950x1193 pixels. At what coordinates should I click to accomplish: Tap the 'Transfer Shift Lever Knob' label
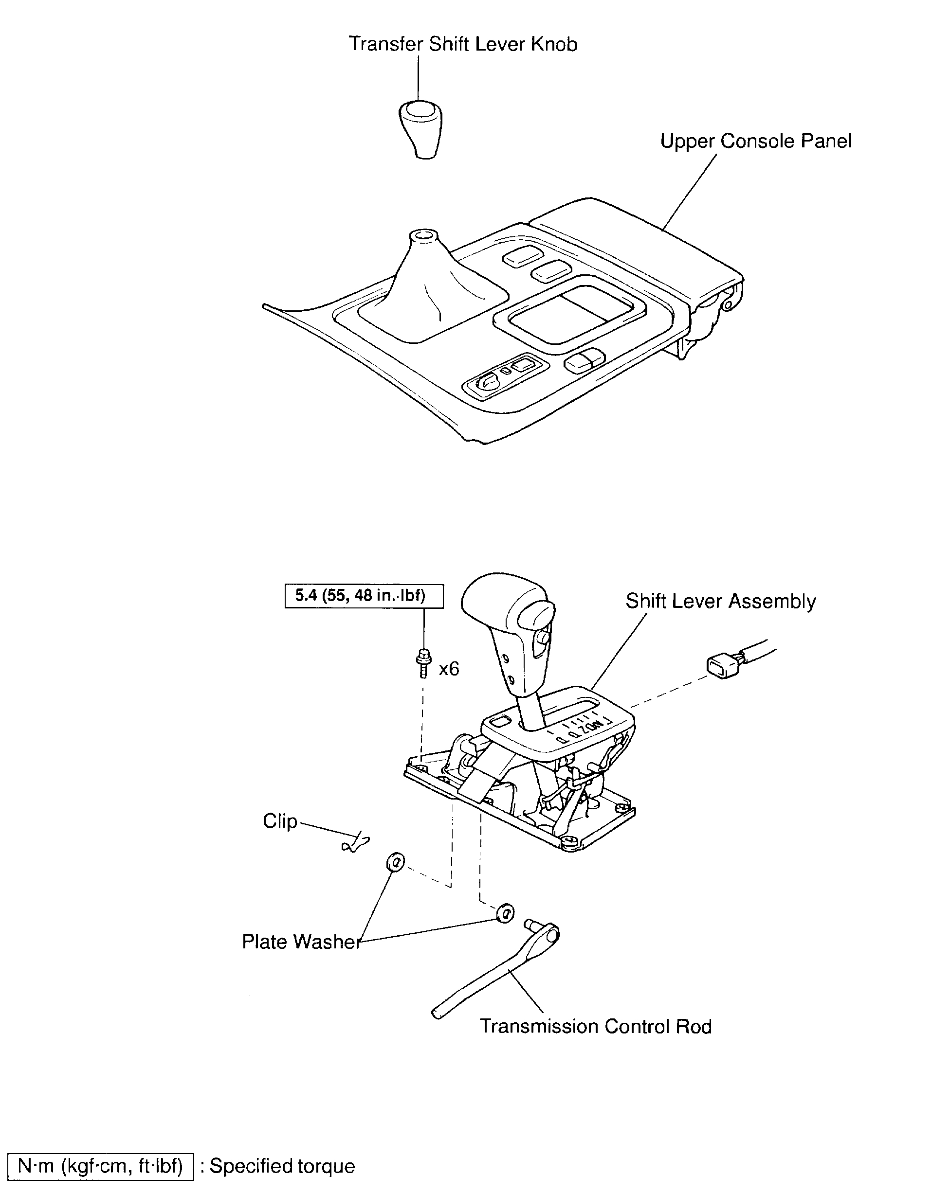pos(462,44)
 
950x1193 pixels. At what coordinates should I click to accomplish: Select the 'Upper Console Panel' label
pos(755,142)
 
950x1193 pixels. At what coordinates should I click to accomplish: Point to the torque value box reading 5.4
pos(364,596)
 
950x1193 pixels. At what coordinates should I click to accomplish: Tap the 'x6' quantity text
pos(449,670)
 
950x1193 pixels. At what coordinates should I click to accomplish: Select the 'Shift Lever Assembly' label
pos(720,602)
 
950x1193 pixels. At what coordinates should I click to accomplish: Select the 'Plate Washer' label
pos(301,942)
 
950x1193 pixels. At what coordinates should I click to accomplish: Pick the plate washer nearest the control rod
pos(505,913)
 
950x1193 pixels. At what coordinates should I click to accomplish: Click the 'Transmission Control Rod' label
pos(595,1027)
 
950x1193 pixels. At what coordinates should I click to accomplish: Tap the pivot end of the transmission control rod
pos(550,935)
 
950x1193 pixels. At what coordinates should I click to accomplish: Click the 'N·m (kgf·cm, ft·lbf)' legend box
pos(100,1166)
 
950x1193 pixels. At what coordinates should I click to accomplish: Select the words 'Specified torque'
pos(282,1166)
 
